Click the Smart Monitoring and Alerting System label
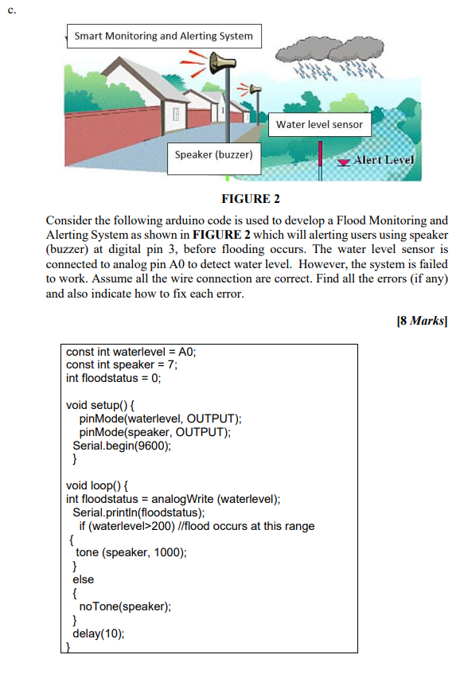163,36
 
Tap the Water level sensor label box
319,124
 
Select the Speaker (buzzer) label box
213,154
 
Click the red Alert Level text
384,160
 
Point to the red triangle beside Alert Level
343,162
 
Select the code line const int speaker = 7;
122,364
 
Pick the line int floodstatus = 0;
113,378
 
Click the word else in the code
83,579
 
